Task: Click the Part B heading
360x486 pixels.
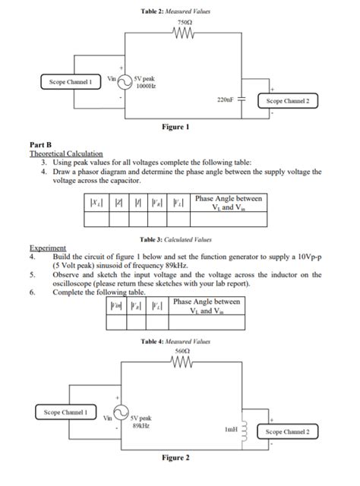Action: coord(40,144)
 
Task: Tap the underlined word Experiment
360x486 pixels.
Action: coord(47,248)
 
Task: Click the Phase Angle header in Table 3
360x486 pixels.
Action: coord(229,202)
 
